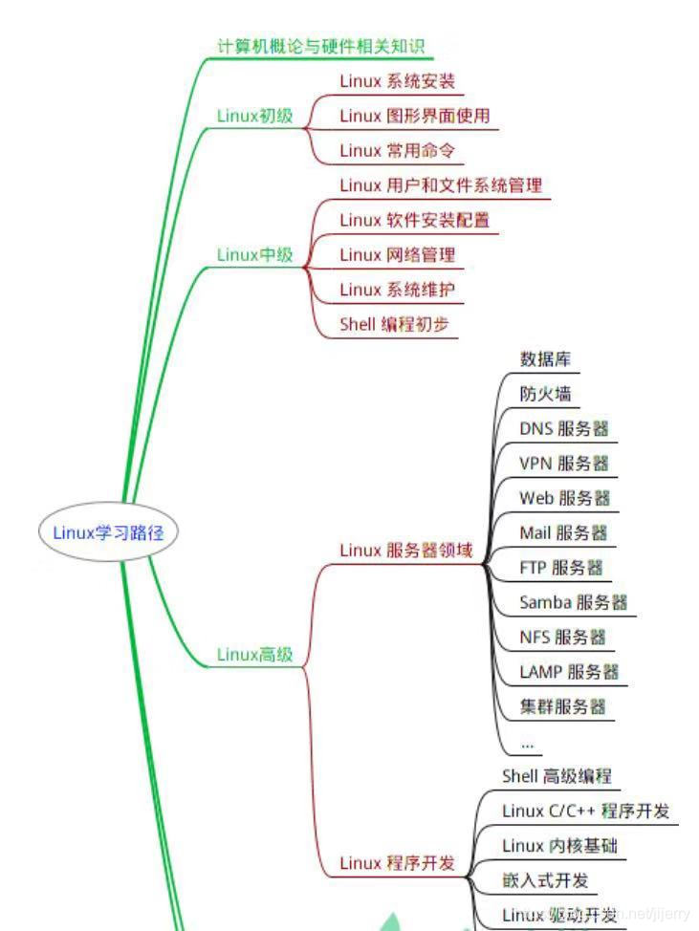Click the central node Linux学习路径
[108, 533]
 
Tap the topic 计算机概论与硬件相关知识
[320, 46]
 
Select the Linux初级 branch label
[254, 117]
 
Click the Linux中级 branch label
[254, 255]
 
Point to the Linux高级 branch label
[254, 655]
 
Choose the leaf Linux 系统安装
[397, 81]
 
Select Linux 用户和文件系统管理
[441, 185]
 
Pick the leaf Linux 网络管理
[397, 254]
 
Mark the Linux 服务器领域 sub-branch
[406, 551]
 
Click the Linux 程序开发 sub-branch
[397, 863]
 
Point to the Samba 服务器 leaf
[573, 602]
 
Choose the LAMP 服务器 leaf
[569, 671]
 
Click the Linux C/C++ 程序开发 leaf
[585, 811]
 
